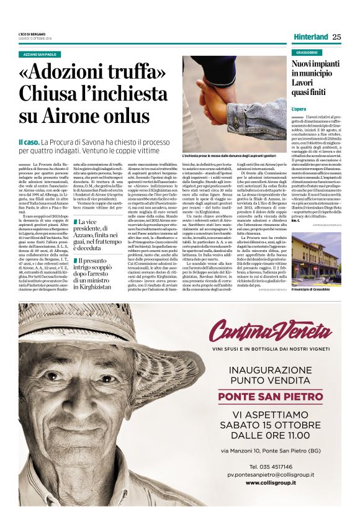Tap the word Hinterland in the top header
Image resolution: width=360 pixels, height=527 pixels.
[310, 37]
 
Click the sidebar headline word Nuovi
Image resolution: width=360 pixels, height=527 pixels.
[304, 64]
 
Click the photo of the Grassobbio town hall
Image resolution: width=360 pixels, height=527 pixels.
[316, 257]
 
